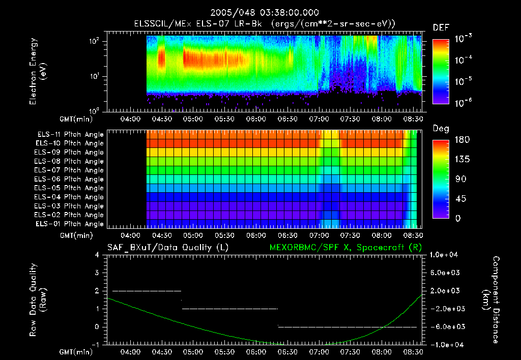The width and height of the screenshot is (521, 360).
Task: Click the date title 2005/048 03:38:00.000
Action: click(260, 12)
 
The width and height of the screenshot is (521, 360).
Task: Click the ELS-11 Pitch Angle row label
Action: click(70, 134)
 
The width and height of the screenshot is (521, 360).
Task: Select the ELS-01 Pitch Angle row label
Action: click(70, 224)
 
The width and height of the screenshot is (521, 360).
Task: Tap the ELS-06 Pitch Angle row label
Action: click(70, 179)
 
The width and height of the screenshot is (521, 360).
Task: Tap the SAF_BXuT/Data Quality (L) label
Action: click(167, 247)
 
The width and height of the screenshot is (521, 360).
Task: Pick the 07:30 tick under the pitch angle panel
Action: click(350, 236)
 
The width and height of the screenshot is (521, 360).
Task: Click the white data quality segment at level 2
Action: click(147, 291)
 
